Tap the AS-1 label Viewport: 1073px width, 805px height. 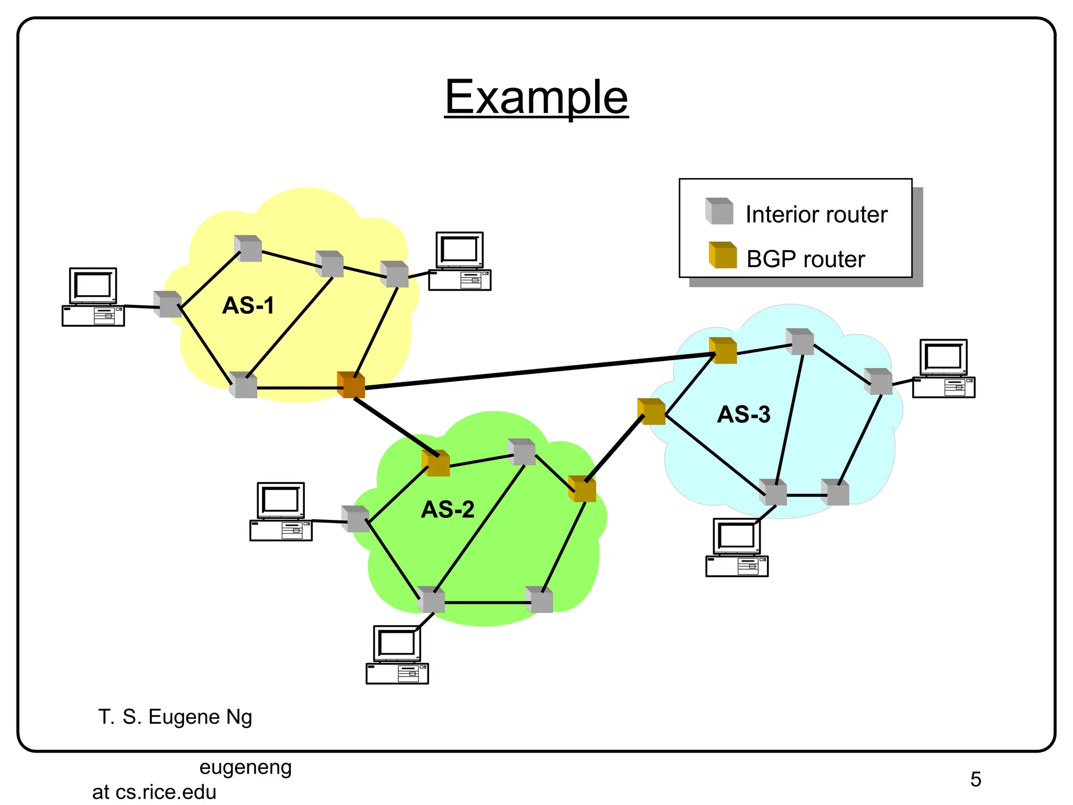[248, 305]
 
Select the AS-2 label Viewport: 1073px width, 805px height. [447, 509]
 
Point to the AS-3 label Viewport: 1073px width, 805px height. [743, 414]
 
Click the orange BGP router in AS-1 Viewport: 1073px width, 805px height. [351, 385]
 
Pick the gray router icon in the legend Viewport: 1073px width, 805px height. [719, 211]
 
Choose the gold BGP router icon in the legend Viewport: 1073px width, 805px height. [722, 255]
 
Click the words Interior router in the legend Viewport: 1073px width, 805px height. [816, 214]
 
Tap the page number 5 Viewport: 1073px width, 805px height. [975, 779]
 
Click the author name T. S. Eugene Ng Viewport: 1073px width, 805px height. [175, 716]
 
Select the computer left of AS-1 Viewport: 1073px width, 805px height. [93, 297]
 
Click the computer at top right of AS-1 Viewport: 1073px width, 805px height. [459, 261]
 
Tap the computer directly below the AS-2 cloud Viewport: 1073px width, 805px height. [397, 655]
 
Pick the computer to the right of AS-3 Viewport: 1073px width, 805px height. [944, 368]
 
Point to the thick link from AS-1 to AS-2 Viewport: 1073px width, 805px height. [394, 426]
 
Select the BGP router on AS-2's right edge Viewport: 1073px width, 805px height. [582, 489]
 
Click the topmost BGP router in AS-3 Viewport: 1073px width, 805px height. [722, 351]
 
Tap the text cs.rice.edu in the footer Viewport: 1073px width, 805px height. [166, 792]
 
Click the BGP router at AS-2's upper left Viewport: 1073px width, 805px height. [436, 463]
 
